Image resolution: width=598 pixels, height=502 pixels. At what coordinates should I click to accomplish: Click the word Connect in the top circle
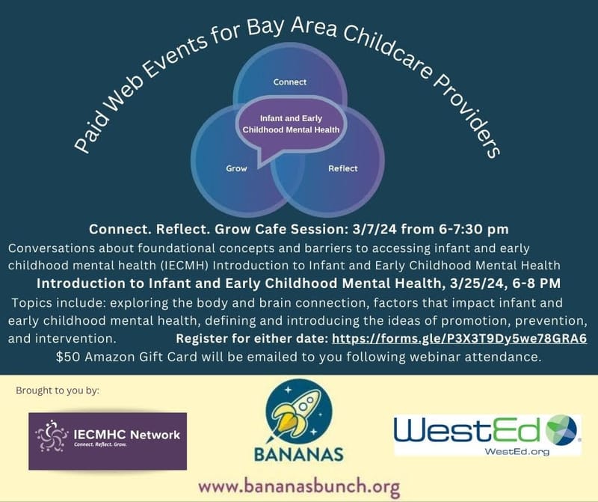point(289,82)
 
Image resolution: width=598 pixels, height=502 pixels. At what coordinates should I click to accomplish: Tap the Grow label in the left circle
point(236,168)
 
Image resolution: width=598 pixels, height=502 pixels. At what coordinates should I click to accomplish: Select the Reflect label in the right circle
point(343,168)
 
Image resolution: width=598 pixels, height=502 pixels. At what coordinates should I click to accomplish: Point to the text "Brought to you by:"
point(57,391)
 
